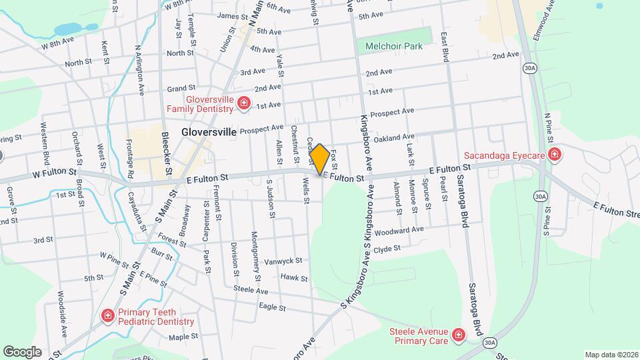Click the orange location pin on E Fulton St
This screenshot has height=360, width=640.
320,159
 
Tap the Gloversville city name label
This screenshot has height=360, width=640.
209,132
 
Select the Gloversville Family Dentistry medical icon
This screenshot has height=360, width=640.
244,103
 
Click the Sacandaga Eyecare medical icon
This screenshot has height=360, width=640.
555,155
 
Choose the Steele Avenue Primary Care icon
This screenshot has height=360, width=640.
457,334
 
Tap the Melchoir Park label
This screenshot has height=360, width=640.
394,47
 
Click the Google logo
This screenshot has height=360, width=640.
22,351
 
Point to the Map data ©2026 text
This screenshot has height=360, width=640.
611,355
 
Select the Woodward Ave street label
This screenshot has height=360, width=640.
399,231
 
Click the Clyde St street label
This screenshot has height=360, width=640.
387,249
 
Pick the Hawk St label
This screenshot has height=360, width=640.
294,277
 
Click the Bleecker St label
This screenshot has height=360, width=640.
167,153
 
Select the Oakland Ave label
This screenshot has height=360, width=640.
395,137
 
